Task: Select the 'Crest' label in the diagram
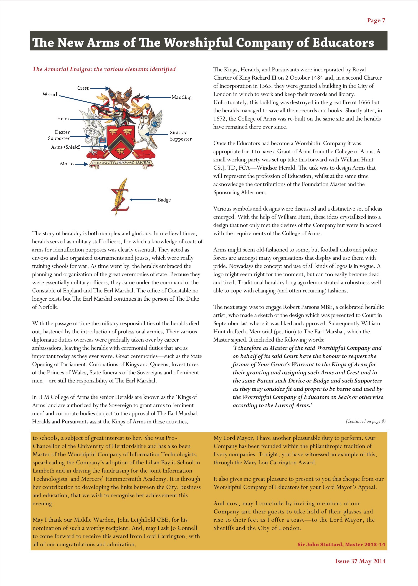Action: (83, 88)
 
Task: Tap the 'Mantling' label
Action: (181, 97)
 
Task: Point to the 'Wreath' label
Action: (51, 94)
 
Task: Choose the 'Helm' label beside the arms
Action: (63, 119)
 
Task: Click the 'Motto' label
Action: (67, 164)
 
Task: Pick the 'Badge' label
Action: (164, 200)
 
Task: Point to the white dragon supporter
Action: (91, 129)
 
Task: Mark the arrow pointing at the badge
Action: (143, 200)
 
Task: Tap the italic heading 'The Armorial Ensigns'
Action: (104, 69)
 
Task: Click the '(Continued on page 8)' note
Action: (365, 421)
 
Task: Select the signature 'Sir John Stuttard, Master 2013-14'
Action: (341, 544)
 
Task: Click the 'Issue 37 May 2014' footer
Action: (360, 561)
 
